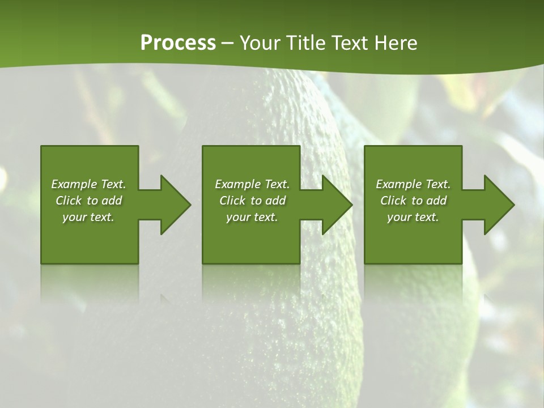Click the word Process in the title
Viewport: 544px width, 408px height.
pyautogui.click(x=178, y=43)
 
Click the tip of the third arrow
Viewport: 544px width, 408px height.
pyautogui.click(x=513, y=205)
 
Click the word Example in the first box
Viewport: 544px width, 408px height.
pyautogui.click(x=74, y=184)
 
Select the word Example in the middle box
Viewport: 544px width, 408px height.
pyautogui.click(x=237, y=184)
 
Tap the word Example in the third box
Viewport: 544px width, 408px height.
pyautogui.click(x=398, y=184)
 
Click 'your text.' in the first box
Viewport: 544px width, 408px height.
pyautogui.click(x=88, y=217)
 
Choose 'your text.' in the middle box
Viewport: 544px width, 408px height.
pyautogui.click(x=252, y=217)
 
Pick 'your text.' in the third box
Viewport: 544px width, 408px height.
pyautogui.click(x=413, y=217)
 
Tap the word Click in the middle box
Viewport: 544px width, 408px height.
pyautogui.click(x=232, y=201)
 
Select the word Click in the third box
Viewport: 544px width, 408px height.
pyautogui.click(x=393, y=201)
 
